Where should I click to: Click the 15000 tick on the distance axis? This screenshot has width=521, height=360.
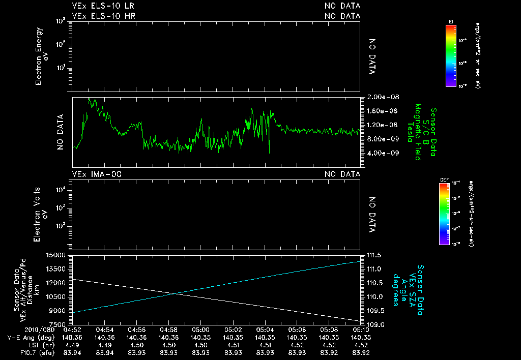click(57, 255)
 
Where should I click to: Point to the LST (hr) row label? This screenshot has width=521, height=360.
click(39, 345)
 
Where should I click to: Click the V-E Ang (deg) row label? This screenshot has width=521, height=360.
click(30, 337)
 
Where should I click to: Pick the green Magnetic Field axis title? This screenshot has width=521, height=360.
click(418, 132)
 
